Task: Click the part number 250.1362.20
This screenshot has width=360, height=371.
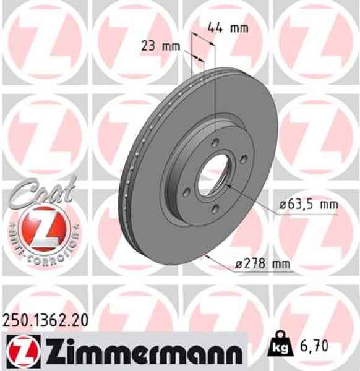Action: (x=45, y=320)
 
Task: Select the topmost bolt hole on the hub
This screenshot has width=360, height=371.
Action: (x=214, y=143)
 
